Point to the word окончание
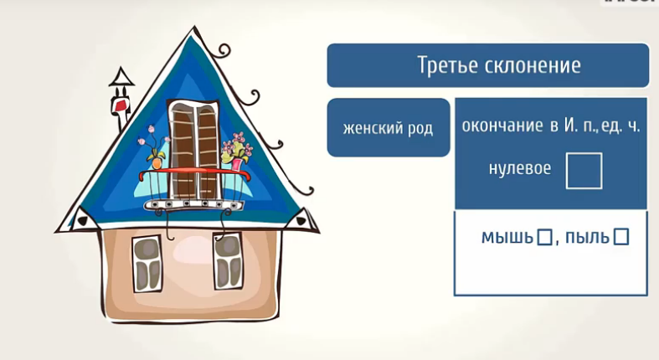click(x=502, y=126)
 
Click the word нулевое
click(x=519, y=168)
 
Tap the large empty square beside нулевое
click(x=584, y=171)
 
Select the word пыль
click(x=587, y=238)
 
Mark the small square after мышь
click(x=544, y=237)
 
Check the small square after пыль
click(x=621, y=237)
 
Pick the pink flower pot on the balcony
click(x=237, y=164)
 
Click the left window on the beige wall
click(x=147, y=263)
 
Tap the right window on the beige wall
click(x=228, y=261)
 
